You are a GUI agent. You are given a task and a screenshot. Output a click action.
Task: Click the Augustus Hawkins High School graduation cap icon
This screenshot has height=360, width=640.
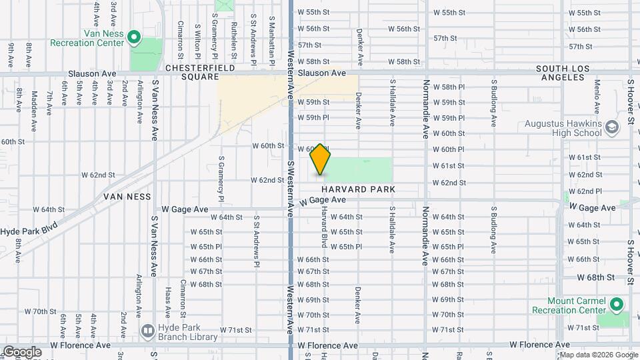pos(611,126)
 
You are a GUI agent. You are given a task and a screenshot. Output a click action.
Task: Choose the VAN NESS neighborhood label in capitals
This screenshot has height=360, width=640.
pos(127,197)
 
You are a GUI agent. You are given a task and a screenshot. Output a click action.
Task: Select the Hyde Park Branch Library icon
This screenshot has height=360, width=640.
pos(147,330)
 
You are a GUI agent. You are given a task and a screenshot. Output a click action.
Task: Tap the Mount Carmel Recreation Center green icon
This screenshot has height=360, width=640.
pos(617,305)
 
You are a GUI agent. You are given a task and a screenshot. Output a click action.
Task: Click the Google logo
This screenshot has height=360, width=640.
pos(21,352)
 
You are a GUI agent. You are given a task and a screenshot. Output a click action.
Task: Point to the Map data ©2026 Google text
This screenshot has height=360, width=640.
pos(598,355)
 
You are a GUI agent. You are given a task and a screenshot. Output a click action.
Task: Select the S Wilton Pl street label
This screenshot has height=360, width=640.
pos(197,41)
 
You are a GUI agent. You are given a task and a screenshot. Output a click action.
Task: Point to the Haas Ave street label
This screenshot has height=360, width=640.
pos(167,303)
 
